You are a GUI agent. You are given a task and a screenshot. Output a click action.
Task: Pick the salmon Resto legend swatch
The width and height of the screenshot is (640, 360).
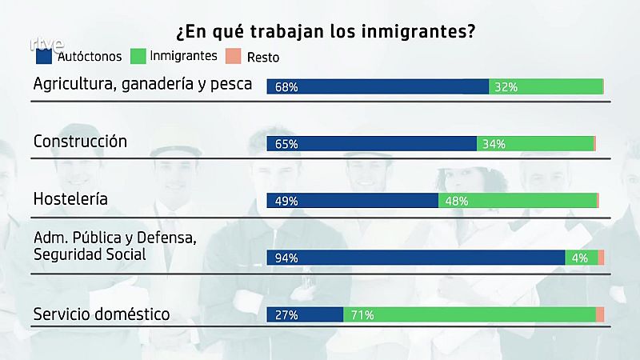(232, 57)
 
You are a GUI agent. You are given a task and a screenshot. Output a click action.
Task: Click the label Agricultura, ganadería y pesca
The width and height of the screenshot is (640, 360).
(142, 84)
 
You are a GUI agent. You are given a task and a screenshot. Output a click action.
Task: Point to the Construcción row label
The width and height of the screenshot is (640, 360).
(80, 141)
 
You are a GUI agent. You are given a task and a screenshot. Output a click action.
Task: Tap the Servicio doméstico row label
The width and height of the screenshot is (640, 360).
(102, 314)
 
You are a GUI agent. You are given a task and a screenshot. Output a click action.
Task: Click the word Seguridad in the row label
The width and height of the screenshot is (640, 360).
(68, 254)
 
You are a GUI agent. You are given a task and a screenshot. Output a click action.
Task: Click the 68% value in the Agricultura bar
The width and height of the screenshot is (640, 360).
(286, 87)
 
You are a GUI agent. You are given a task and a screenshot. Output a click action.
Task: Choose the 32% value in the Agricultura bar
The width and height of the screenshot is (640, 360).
(506, 87)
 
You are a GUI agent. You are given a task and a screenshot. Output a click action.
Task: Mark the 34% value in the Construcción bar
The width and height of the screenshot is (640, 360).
(494, 145)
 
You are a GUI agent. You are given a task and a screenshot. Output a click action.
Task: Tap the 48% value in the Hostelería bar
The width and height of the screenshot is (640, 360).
(456, 202)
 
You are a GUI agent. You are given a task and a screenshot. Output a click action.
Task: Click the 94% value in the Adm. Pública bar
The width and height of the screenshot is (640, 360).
(286, 258)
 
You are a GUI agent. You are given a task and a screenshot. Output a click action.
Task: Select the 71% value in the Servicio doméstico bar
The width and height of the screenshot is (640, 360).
(362, 315)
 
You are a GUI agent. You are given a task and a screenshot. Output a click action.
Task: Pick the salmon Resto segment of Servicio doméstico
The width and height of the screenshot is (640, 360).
(600, 315)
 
